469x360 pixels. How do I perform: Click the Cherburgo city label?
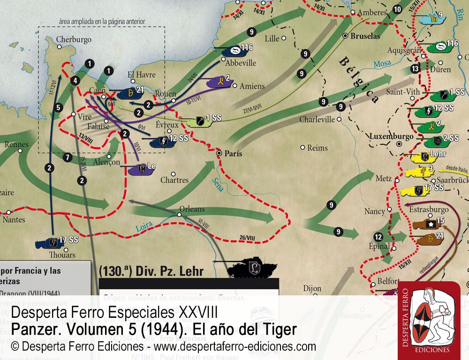(74, 40)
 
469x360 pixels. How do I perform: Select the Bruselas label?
(366, 36)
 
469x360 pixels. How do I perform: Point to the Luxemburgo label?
(391, 136)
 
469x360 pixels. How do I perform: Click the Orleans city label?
(192, 209)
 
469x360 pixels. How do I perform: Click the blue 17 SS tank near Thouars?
(49, 243)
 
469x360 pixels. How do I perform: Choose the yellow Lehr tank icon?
(416, 156)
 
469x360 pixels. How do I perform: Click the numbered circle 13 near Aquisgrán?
(415, 69)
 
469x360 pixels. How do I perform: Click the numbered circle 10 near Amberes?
(397, 9)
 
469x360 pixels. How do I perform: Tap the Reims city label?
(318, 148)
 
